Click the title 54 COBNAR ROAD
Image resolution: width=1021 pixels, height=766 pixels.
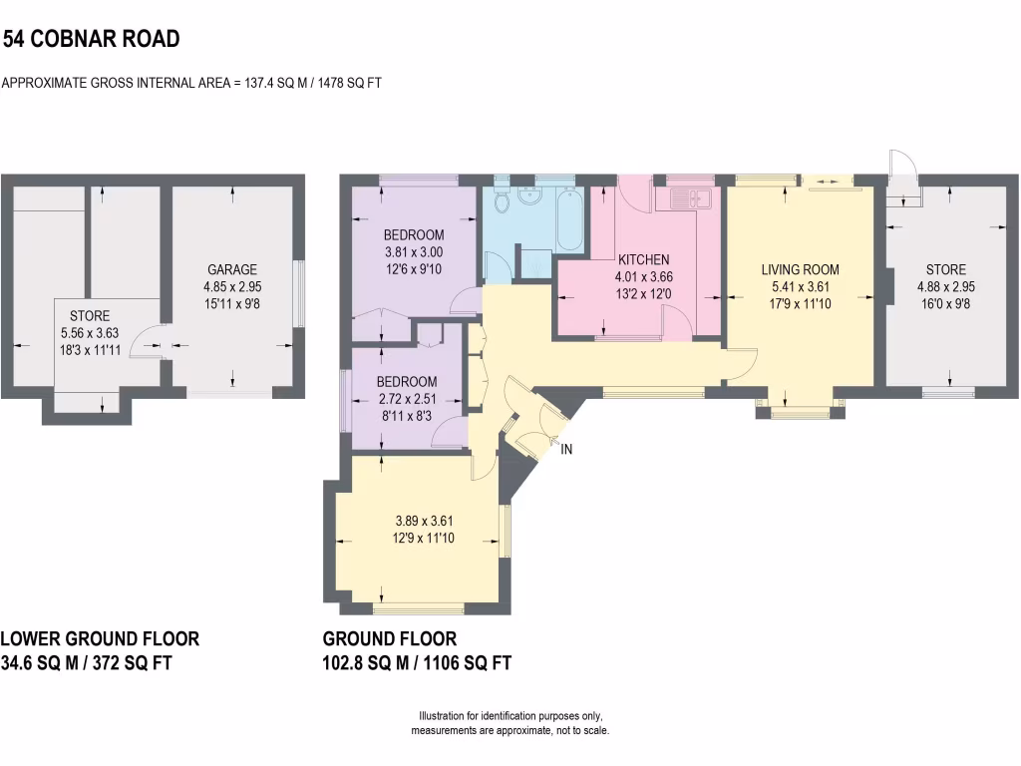pyautogui.click(x=91, y=40)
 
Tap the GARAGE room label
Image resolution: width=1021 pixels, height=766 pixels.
pyautogui.click(x=232, y=269)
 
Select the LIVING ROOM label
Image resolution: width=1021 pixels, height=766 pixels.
pyautogui.click(x=800, y=269)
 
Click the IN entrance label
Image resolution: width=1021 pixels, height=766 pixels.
pyautogui.click(x=566, y=449)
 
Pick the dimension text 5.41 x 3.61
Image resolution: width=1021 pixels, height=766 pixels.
pyautogui.click(x=800, y=286)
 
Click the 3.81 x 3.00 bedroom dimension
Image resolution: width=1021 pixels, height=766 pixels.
pyautogui.click(x=413, y=252)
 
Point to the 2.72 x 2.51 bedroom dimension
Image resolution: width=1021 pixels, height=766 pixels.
pyautogui.click(x=407, y=399)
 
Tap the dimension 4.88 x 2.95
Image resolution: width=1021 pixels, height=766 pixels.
pyautogui.click(x=946, y=287)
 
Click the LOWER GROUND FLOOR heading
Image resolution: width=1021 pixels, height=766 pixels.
pyautogui.click(x=100, y=638)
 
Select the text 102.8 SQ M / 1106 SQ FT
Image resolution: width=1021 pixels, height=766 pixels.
pyautogui.click(x=417, y=662)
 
